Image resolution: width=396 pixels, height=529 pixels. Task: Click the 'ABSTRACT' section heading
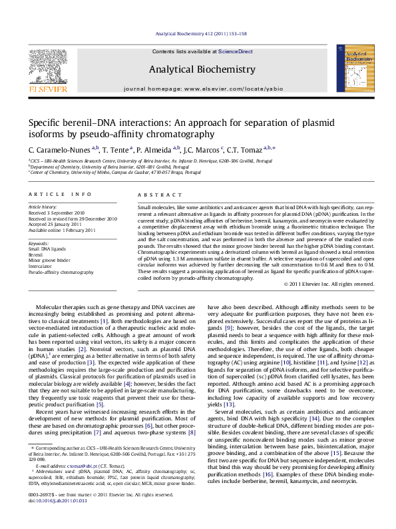[x=156, y=194]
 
